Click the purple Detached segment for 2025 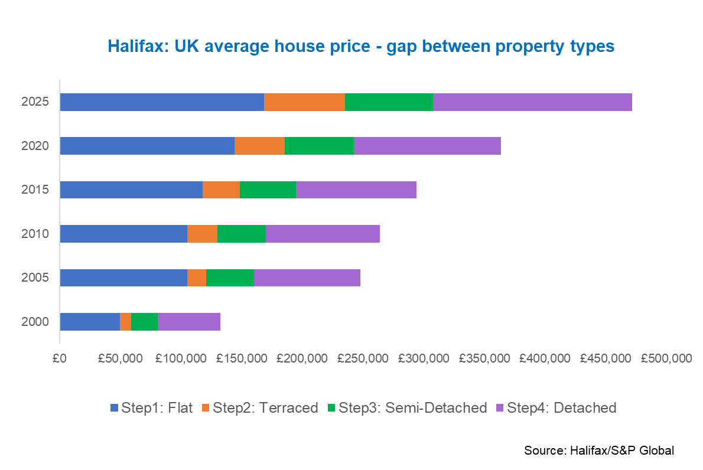pyautogui.click(x=532, y=102)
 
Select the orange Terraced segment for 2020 pyautogui.click(x=259, y=146)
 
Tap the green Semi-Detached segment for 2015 pyautogui.click(x=268, y=190)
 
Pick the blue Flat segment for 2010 pyautogui.click(x=123, y=234)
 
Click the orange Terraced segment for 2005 pyautogui.click(x=197, y=278)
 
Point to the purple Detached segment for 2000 pyautogui.click(x=189, y=322)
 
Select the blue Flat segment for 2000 pyautogui.click(x=90, y=322)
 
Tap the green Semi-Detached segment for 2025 pyautogui.click(x=389, y=102)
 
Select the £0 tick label pyautogui.click(x=59, y=358)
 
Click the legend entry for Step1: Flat pyautogui.click(x=152, y=407)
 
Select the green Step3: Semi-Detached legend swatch pyautogui.click(x=331, y=407)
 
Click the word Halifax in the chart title pyautogui.click(x=132, y=46)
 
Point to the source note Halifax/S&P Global pyautogui.click(x=598, y=450)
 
